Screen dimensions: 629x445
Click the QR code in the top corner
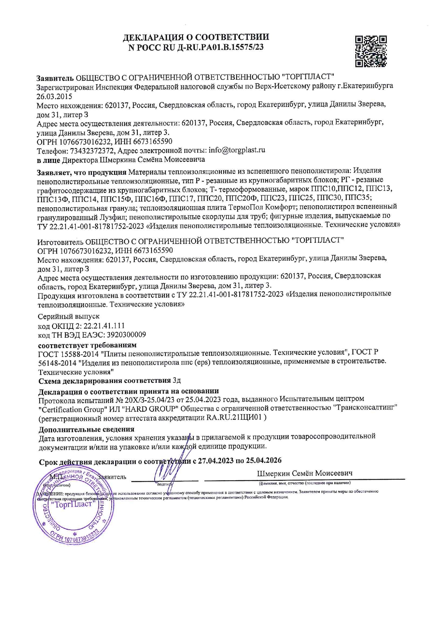pos(371,51)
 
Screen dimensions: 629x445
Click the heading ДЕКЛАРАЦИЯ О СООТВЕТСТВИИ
pos(196,37)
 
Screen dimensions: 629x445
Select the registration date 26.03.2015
pos(54,96)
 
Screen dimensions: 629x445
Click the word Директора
pos(80,159)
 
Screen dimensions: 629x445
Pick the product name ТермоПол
pos(250,207)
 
